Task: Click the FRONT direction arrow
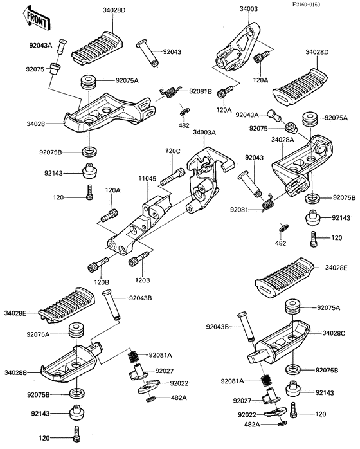(x=37, y=18)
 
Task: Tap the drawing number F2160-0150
(x=306, y=5)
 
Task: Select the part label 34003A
(x=204, y=133)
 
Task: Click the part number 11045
(x=148, y=179)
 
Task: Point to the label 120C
(x=172, y=151)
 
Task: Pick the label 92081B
(x=201, y=91)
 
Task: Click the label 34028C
(x=334, y=333)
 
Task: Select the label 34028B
(x=15, y=372)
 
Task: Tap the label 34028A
(x=283, y=140)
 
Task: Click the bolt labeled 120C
(x=172, y=176)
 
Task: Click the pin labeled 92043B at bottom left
(x=112, y=306)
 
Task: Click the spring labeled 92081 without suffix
(x=268, y=202)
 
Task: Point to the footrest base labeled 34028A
(x=303, y=165)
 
